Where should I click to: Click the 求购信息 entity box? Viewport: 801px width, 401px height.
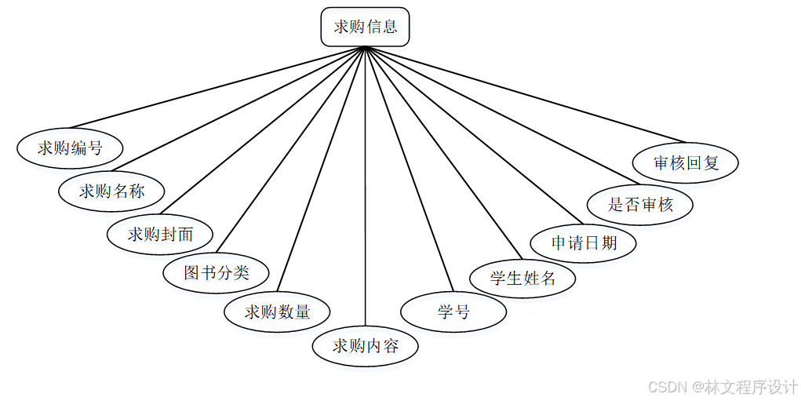(x=365, y=27)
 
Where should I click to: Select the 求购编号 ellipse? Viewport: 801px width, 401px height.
(x=70, y=147)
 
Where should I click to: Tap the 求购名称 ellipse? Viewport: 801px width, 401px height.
(x=112, y=190)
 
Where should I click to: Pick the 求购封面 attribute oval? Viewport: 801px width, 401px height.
(x=160, y=233)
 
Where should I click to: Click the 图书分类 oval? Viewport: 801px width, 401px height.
(x=217, y=272)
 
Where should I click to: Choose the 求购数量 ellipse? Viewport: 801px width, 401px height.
(x=277, y=312)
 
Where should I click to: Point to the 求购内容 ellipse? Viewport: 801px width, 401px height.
(x=366, y=345)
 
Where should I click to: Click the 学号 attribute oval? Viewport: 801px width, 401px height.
(x=453, y=312)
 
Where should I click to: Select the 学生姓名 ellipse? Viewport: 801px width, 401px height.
(x=522, y=277)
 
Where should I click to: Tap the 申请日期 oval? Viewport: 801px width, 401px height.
(x=584, y=242)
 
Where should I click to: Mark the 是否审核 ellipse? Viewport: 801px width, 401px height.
(x=640, y=205)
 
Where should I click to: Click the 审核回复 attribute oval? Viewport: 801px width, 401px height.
(x=686, y=163)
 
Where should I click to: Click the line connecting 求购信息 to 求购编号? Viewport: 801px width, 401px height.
(x=218, y=87)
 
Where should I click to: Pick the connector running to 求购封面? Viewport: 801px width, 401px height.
(x=263, y=130)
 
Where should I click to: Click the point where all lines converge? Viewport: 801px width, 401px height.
(x=366, y=47)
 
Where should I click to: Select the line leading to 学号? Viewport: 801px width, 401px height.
(x=410, y=169)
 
